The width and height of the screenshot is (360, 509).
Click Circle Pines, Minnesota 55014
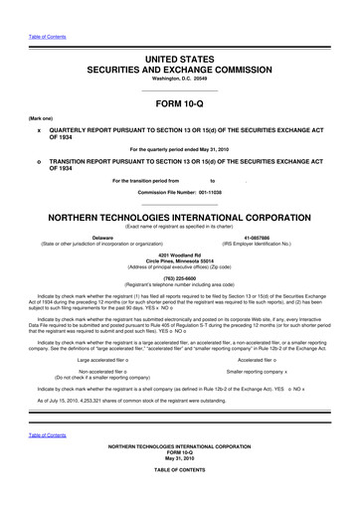tap(180, 262)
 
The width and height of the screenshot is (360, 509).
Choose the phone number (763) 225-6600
tap(180, 279)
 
